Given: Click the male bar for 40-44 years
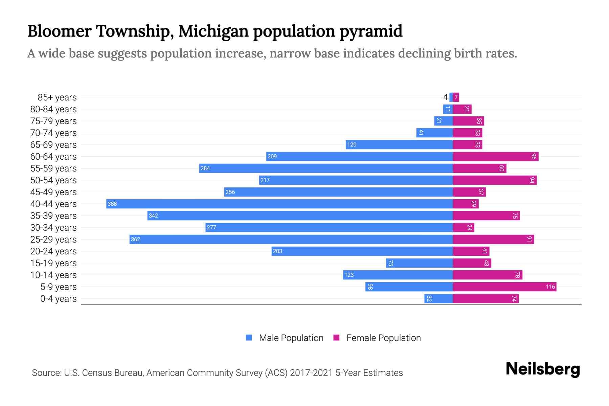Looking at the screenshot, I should pyautogui.click(x=279, y=204).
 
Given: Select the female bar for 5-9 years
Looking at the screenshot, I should pyautogui.click(x=504, y=287).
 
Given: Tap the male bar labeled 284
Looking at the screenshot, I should pyautogui.click(x=326, y=168).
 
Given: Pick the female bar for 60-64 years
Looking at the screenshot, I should pyautogui.click(x=496, y=156).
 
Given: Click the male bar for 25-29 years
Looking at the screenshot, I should pyautogui.click(x=291, y=239).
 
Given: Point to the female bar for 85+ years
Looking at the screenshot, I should pyautogui.click(x=456, y=97).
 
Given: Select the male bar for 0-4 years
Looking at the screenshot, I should pyautogui.click(x=438, y=298).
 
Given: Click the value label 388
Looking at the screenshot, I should pyautogui.click(x=112, y=204).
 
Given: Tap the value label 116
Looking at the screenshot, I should pyautogui.click(x=550, y=287).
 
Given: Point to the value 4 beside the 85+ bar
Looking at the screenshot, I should pyautogui.click(x=445, y=97).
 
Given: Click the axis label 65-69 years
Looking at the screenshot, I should pyautogui.click(x=53, y=144).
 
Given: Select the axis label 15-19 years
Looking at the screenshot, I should pyautogui.click(x=53, y=263).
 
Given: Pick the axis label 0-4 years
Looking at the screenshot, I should pyautogui.click(x=58, y=298).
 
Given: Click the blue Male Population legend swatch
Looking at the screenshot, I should pyautogui.click(x=249, y=338).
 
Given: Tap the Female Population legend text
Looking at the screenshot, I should pyautogui.click(x=383, y=338).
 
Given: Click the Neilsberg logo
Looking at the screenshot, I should pyautogui.click(x=543, y=369).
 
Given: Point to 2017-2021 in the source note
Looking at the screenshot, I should pyautogui.click(x=311, y=373).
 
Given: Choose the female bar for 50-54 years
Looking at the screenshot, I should pyautogui.click(x=495, y=180).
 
